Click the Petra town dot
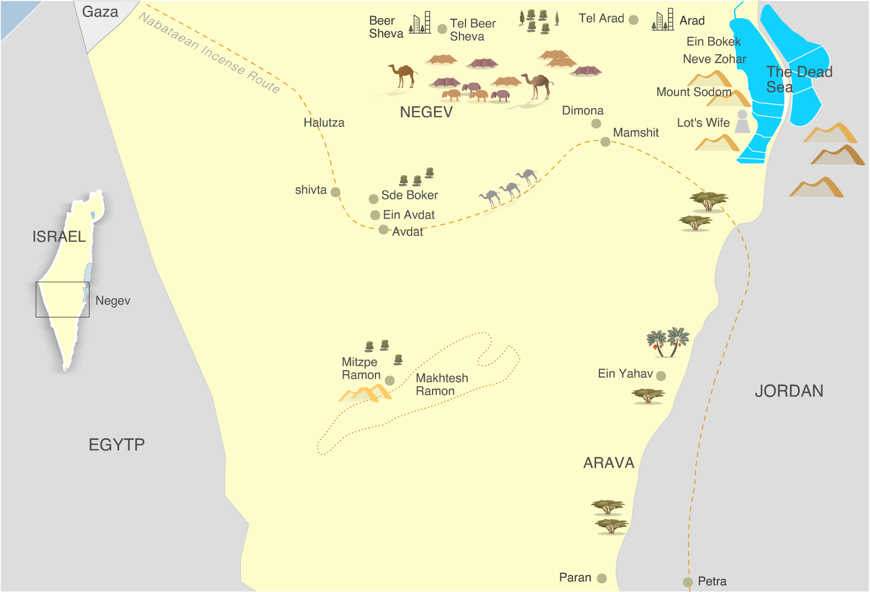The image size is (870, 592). [688, 582]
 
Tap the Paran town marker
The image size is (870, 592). [602, 578]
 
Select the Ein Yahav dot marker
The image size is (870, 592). [661, 376]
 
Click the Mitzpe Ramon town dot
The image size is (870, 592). [390, 381]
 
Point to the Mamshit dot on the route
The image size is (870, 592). [605, 142]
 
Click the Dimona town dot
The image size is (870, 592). [596, 124]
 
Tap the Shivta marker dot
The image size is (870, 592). [335, 192]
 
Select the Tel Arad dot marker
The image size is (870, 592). [633, 20]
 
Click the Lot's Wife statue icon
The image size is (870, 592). [742, 121]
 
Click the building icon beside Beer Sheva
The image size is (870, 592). [420, 23]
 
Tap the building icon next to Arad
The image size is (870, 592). [663, 20]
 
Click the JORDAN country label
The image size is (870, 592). [789, 391]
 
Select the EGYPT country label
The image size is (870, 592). [116, 444]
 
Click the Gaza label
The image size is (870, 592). [100, 12]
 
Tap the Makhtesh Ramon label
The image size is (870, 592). [441, 384]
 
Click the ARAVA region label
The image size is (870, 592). [609, 463]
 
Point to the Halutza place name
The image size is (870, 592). [324, 122]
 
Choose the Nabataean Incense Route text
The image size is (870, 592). [209, 53]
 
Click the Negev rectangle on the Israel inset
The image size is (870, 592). [63, 299]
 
